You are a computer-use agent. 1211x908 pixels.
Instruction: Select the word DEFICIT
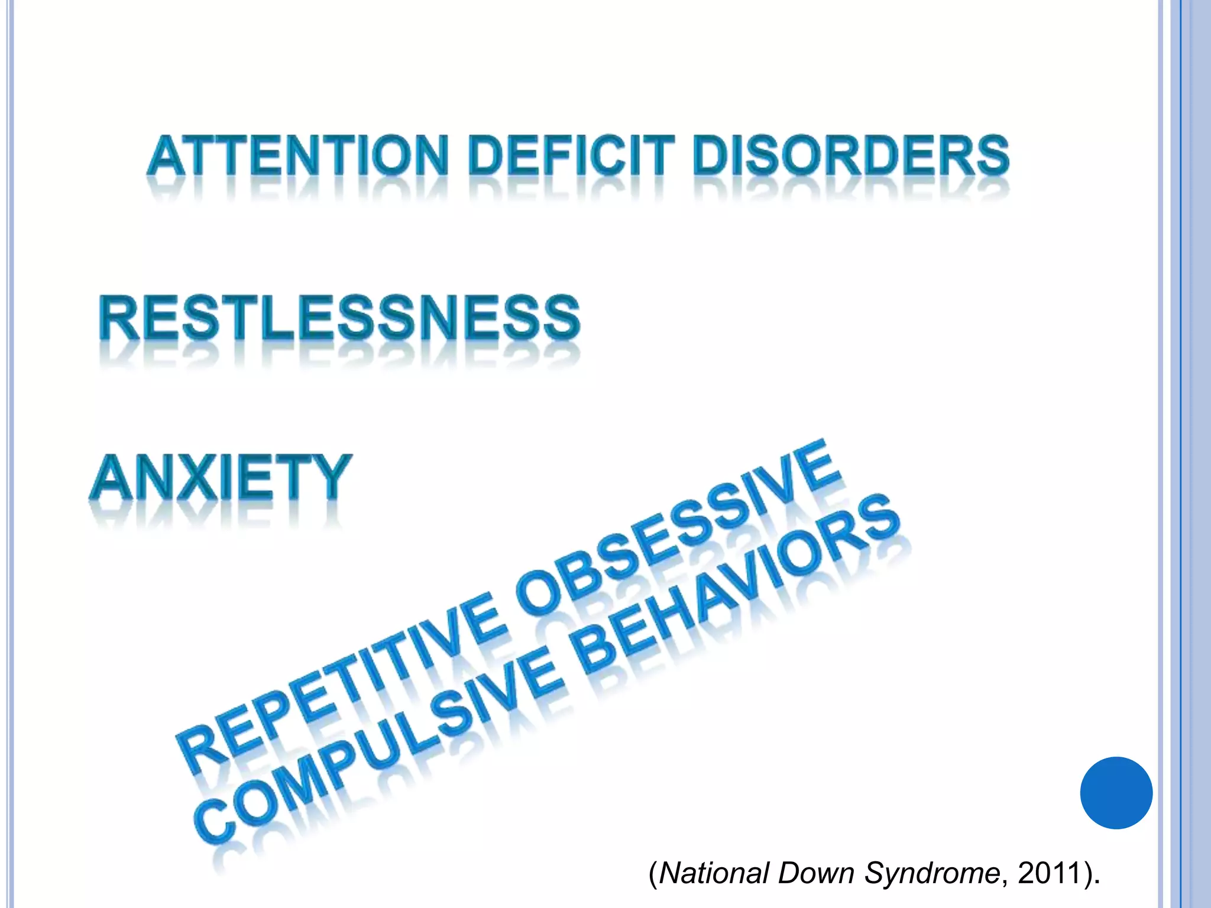coord(571,155)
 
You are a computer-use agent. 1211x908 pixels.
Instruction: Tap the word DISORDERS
coord(851,155)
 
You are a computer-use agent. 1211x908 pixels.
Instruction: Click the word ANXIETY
coord(221,478)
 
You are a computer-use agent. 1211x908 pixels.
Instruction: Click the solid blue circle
coord(1116,793)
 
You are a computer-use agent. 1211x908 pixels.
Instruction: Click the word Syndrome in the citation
coord(931,873)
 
